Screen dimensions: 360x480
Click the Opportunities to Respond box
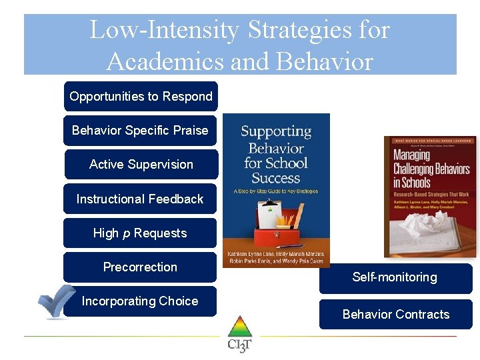(x=141, y=97)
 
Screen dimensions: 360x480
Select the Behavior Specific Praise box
(x=140, y=131)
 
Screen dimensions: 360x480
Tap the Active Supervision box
(x=141, y=165)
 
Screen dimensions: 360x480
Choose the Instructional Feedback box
(x=140, y=199)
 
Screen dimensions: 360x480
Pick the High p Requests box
(x=140, y=233)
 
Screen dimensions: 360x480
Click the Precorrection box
(x=140, y=267)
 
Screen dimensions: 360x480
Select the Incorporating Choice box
(x=140, y=301)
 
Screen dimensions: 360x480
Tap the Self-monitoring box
(x=395, y=277)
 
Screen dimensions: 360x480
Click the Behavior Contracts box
(x=396, y=314)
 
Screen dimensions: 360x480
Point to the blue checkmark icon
(x=56, y=301)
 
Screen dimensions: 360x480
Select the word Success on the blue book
(x=276, y=178)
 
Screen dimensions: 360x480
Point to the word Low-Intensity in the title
(x=164, y=30)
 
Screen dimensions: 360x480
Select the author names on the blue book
(x=276, y=258)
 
